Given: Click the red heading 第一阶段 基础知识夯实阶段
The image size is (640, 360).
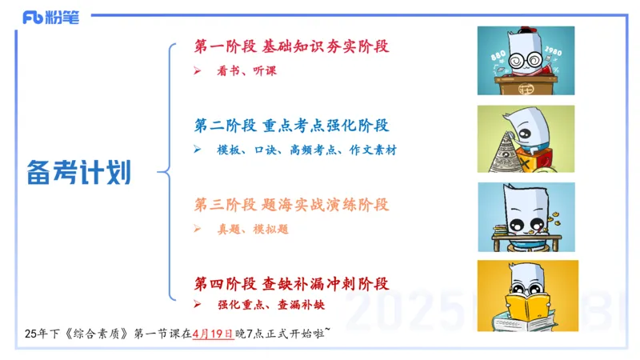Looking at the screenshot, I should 291,46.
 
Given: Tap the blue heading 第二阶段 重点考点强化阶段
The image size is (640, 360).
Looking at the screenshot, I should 291,126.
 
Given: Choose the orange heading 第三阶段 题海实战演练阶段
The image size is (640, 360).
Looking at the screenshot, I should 291,205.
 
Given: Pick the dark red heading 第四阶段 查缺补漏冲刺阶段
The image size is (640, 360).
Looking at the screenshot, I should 291,283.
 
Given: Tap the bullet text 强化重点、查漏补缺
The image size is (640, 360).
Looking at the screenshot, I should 270,305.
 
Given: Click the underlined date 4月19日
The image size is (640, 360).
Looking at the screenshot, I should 211,334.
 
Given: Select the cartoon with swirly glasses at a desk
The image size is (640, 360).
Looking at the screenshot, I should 526,61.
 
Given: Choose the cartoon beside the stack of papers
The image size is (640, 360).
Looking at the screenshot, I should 526,139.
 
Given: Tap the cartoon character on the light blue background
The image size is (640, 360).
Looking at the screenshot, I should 526,218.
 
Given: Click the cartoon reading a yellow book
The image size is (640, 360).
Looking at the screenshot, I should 526,295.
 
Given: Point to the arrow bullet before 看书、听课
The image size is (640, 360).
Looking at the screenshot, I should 198,71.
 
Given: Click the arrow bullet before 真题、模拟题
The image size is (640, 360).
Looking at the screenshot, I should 198,229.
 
